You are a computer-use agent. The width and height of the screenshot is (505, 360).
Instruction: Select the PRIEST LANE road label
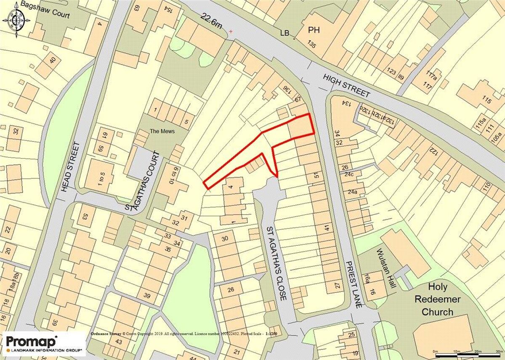tap(353, 284)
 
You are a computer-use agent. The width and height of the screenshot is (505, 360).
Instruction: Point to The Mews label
tap(162, 131)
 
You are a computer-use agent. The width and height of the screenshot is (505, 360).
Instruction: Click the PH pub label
tap(314, 30)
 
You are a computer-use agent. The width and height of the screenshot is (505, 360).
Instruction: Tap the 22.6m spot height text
tap(212, 21)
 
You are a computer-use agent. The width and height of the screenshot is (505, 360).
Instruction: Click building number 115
tap(486, 101)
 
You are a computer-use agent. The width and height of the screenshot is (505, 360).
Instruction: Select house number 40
tap(52, 60)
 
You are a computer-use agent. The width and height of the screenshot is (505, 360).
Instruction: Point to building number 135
tap(311, 44)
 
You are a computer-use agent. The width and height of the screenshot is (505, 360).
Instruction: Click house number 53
tap(85, 217)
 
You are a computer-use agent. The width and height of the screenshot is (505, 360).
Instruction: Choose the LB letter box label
tap(286, 33)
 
